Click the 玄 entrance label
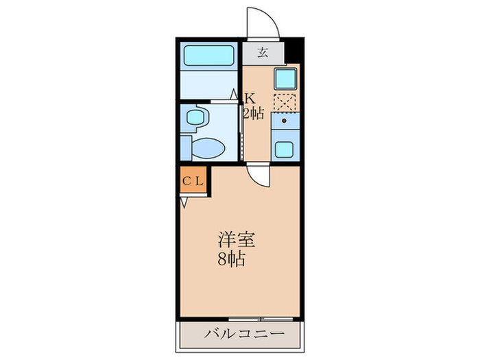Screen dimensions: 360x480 (262, 52)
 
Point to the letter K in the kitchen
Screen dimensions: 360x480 (251, 97)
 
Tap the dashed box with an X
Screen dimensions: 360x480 (284, 102)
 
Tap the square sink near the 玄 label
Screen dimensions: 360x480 (284, 79)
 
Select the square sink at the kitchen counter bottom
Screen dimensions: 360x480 (284, 147)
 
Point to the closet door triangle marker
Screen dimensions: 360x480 (184, 202)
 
